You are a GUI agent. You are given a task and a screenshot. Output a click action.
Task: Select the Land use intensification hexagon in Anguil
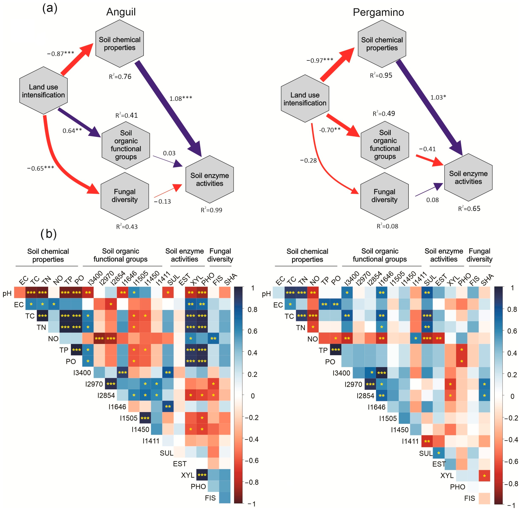point(44,91)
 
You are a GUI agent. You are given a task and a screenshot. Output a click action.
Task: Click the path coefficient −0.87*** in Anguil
point(60,54)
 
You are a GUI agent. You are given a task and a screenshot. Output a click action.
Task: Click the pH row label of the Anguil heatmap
point(7,293)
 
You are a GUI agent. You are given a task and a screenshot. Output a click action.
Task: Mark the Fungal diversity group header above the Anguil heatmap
point(220,255)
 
